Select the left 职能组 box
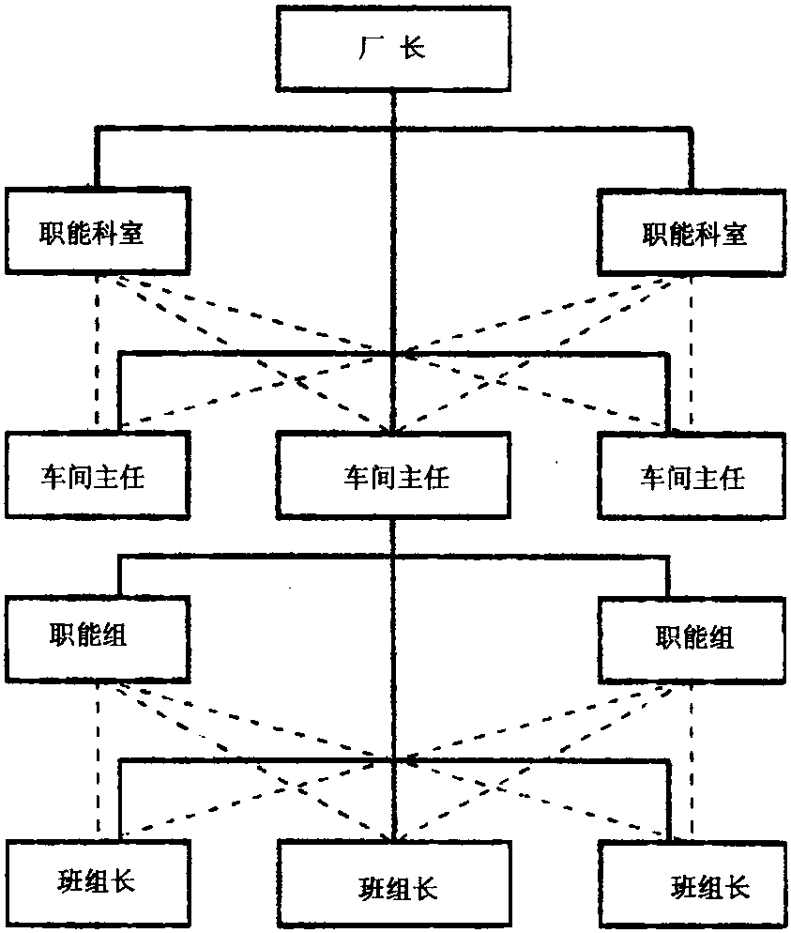click(x=99, y=635)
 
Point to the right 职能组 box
click(x=693, y=637)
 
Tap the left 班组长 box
click(x=98, y=881)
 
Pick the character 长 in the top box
click(x=414, y=49)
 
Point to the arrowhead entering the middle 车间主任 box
click(x=394, y=428)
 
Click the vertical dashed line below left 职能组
click(x=99, y=760)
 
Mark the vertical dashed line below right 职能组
click(x=692, y=760)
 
